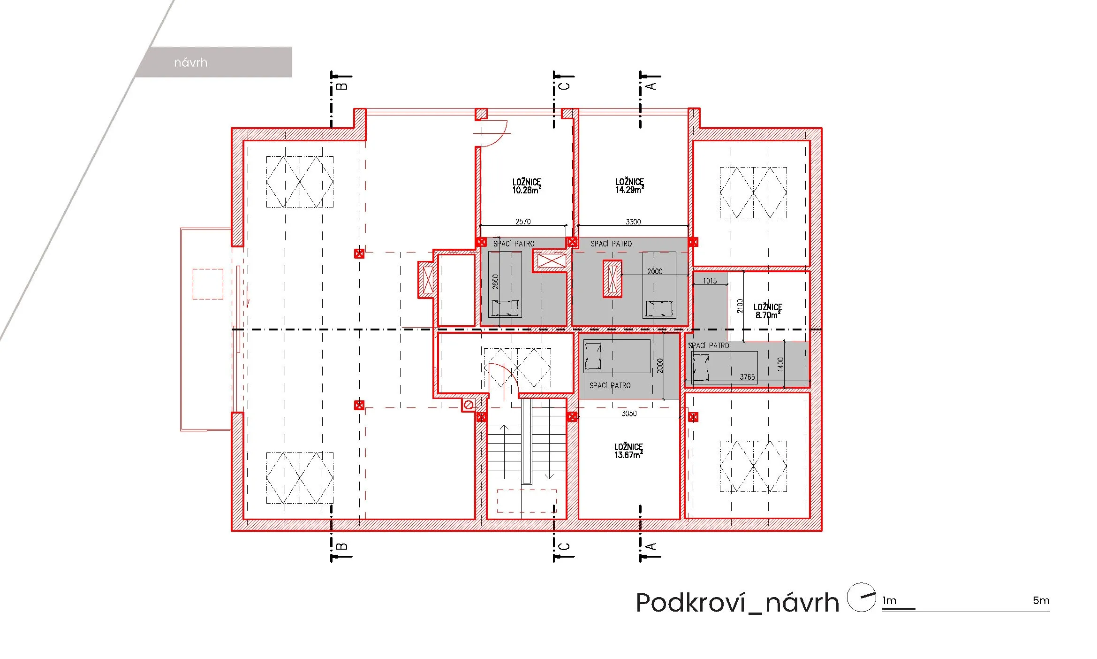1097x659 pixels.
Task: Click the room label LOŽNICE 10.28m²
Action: click(526, 186)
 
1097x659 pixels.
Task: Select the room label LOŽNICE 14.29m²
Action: click(629, 185)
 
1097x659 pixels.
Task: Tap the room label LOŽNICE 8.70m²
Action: click(768, 311)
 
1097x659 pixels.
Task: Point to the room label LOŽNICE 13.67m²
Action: click(628, 451)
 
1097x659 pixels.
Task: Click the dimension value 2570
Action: click(523, 222)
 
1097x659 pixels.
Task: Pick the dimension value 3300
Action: click(633, 222)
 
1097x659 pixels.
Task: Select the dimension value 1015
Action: click(710, 281)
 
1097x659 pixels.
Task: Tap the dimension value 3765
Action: click(748, 377)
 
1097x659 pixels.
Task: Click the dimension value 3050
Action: click(629, 414)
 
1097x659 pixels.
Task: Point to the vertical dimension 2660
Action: click(495, 281)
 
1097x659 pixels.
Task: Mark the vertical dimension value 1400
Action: click(780, 364)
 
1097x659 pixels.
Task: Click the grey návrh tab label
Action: click(190, 62)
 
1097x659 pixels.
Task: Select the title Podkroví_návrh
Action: click(737, 602)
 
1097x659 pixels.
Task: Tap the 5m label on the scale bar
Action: click(1041, 600)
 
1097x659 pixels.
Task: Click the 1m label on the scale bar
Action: click(889, 600)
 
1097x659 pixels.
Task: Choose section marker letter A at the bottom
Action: click(651, 546)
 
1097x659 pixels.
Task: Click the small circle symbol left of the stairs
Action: click(468, 405)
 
